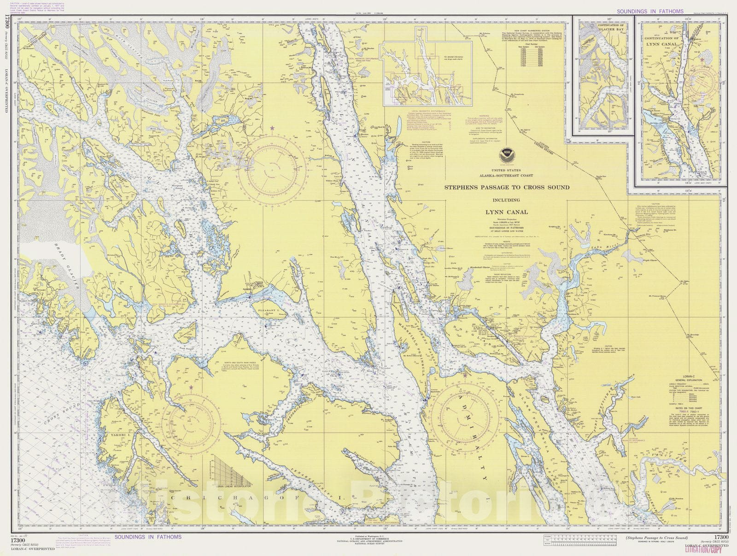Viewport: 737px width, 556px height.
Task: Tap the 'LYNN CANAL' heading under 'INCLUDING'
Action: point(506,213)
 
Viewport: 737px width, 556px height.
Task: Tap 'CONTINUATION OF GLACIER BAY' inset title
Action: point(602,24)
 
